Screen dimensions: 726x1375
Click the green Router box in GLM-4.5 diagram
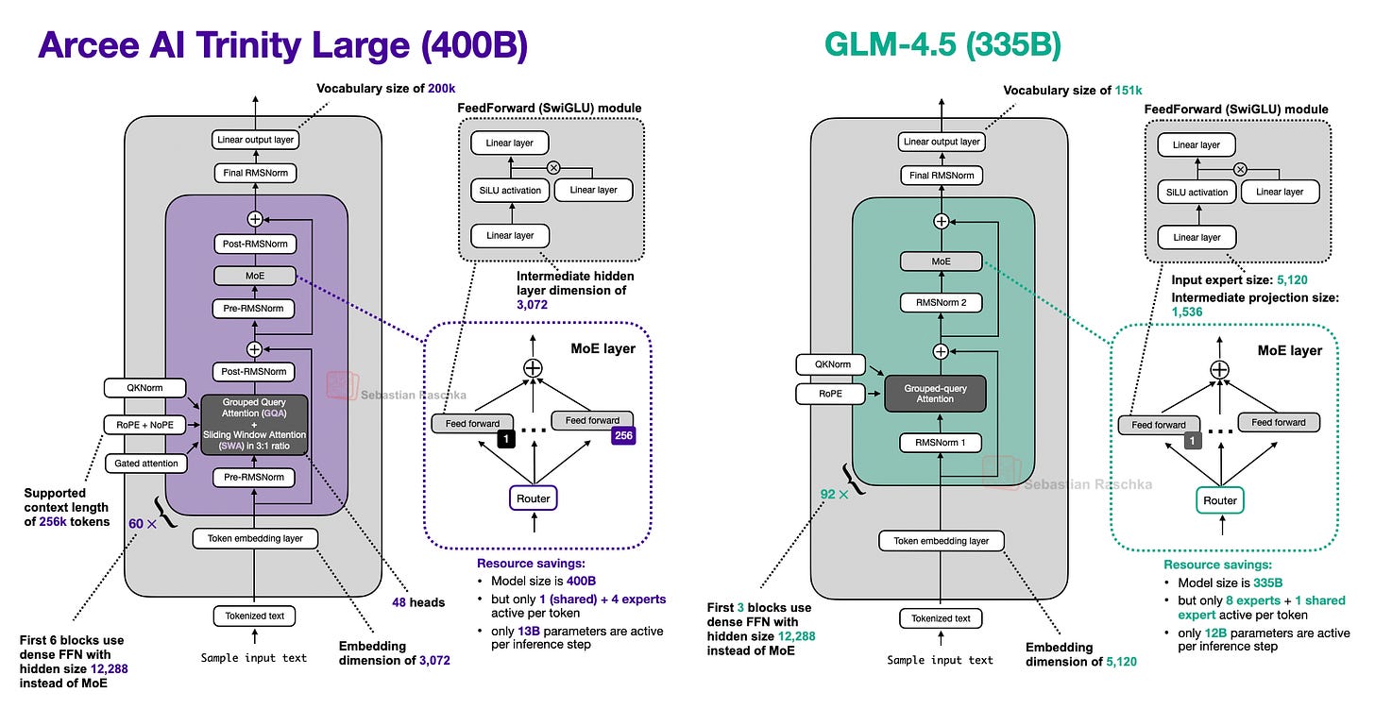coord(1220,499)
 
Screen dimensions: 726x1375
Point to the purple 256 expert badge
coord(623,436)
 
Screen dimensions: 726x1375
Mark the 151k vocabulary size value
coord(1128,90)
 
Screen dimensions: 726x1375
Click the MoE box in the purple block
coord(255,277)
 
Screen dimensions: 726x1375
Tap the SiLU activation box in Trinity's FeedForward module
coord(510,190)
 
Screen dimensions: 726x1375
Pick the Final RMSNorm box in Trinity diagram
coord(254,173)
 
